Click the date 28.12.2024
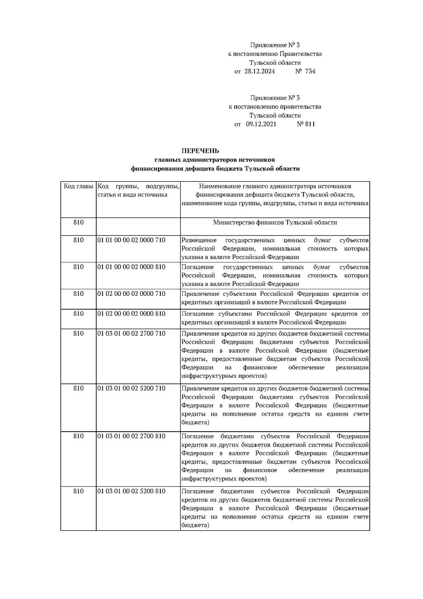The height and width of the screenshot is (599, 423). click(259, 72)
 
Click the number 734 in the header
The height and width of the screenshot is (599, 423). click(310, 72)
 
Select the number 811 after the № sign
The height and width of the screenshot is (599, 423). click(310, 124)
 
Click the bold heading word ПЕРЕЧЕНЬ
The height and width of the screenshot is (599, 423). click(200, 151)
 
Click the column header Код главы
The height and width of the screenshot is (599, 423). click(78, 186)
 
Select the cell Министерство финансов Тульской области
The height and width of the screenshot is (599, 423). click(275, 223)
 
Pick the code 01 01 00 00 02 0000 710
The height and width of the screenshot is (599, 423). click(131, 240)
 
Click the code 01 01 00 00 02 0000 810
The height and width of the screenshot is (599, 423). click(131, 267)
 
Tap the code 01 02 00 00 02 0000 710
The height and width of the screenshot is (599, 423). click(131, 294)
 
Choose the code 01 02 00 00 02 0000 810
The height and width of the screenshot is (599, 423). click(131, 314)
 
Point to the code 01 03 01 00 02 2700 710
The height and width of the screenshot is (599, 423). click(131, 334)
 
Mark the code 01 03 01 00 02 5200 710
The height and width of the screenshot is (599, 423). click(131, 388)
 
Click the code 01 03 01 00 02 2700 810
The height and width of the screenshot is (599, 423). click(131, 436)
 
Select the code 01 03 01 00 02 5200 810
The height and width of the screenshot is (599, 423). click(131, 491)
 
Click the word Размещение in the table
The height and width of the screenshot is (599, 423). click(199, 240)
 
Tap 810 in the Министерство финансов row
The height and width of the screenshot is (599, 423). click(78, 222)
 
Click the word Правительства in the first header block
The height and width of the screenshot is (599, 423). click(300, 54)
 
